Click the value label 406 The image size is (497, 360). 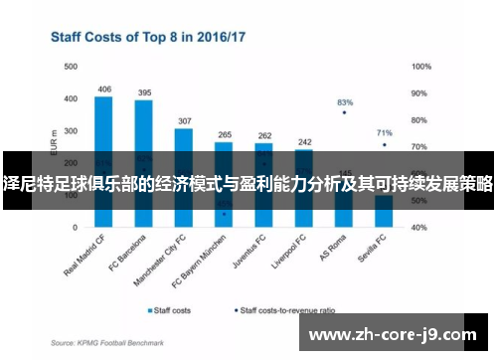pos(104,90)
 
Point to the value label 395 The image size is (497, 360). pos(144,92)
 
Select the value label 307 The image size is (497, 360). pos(184,120)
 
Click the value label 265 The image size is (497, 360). pos(224,134)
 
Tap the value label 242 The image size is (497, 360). pos(304,141)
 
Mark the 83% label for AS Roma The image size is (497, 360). pos(345,102)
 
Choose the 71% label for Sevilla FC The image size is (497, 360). pos(385,132)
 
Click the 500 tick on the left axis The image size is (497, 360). pos(71,67)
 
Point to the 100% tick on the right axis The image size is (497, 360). pos(420,67)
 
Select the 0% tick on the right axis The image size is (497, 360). pos(417,228)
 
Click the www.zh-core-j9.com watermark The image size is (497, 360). pos(394,334)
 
